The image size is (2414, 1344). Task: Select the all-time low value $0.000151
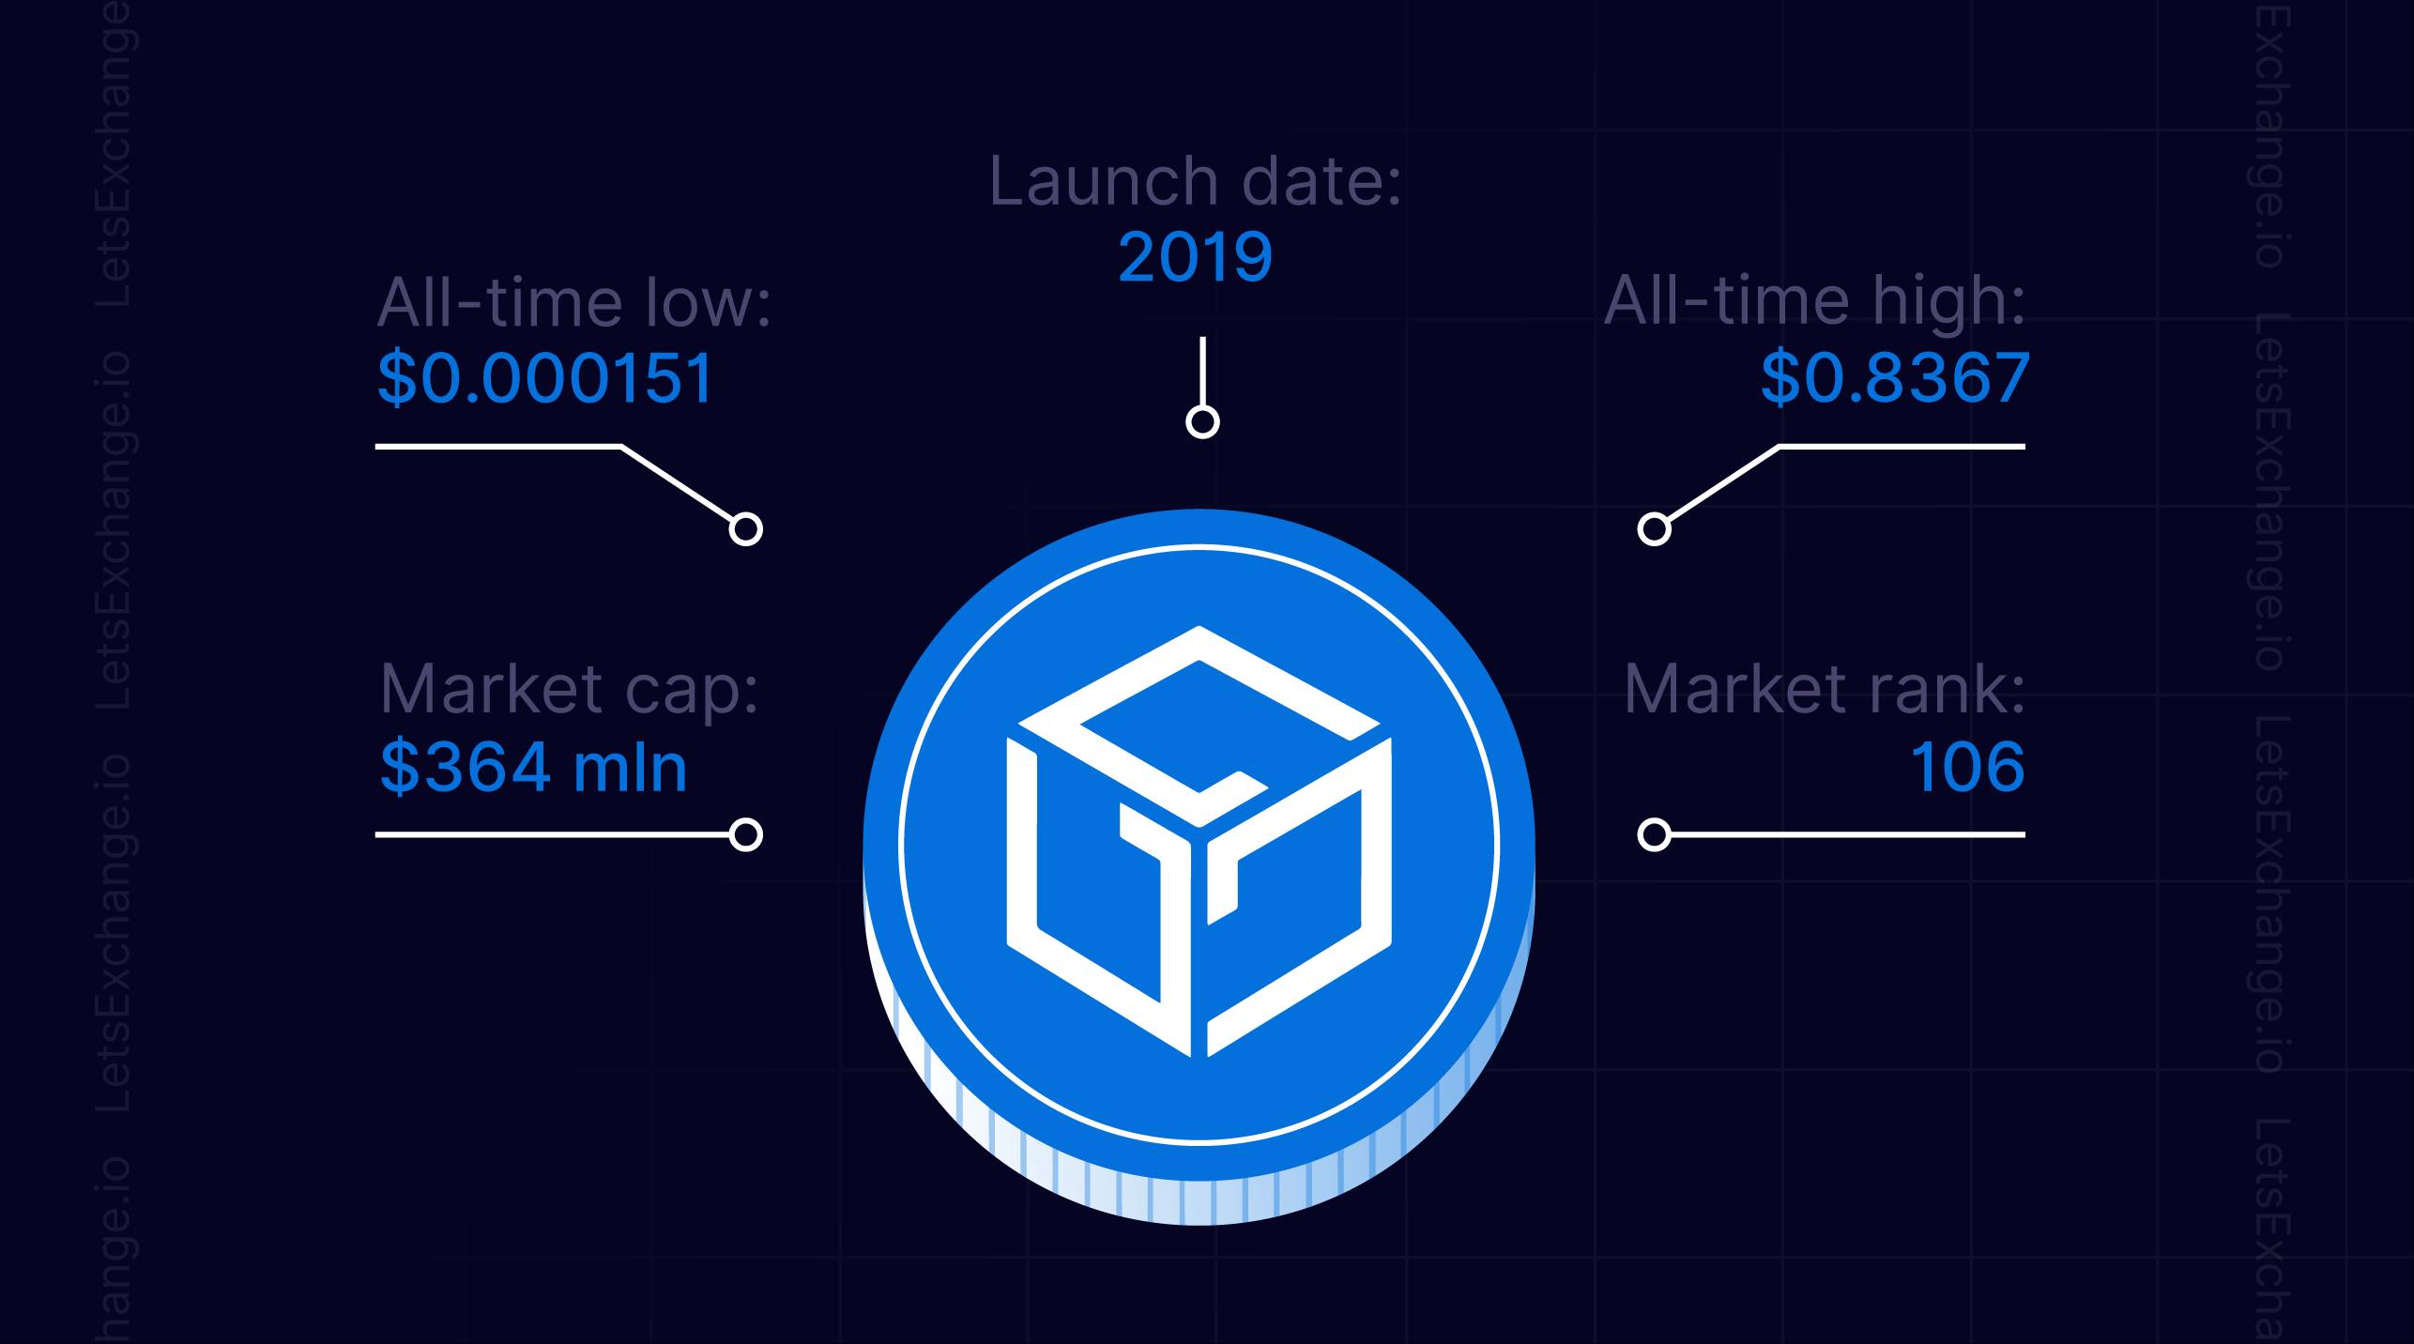[x=545, y=378]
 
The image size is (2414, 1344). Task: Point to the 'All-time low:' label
[x=573, y=302]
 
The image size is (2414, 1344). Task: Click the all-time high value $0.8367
[x=1893, y=378]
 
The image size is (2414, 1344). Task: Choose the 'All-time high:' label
[x=1814, y=302]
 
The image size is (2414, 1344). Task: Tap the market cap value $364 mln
[x=533, y=767]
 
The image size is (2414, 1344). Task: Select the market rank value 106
[x=1967, y=767]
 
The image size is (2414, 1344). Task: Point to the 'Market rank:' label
[x=1825, y=690]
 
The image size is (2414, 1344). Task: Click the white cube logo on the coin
[x=1199, y=841]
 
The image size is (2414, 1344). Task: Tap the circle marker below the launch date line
[x=1202, y=422]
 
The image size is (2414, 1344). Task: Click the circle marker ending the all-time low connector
[x=746, y=529]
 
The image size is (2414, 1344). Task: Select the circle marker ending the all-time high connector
[x=1655, y=529]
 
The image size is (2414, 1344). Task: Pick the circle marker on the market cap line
[x=746, y=834]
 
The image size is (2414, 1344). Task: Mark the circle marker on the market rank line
[x=1655, y=834]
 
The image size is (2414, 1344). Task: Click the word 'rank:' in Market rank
[x=1946, y=690]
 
